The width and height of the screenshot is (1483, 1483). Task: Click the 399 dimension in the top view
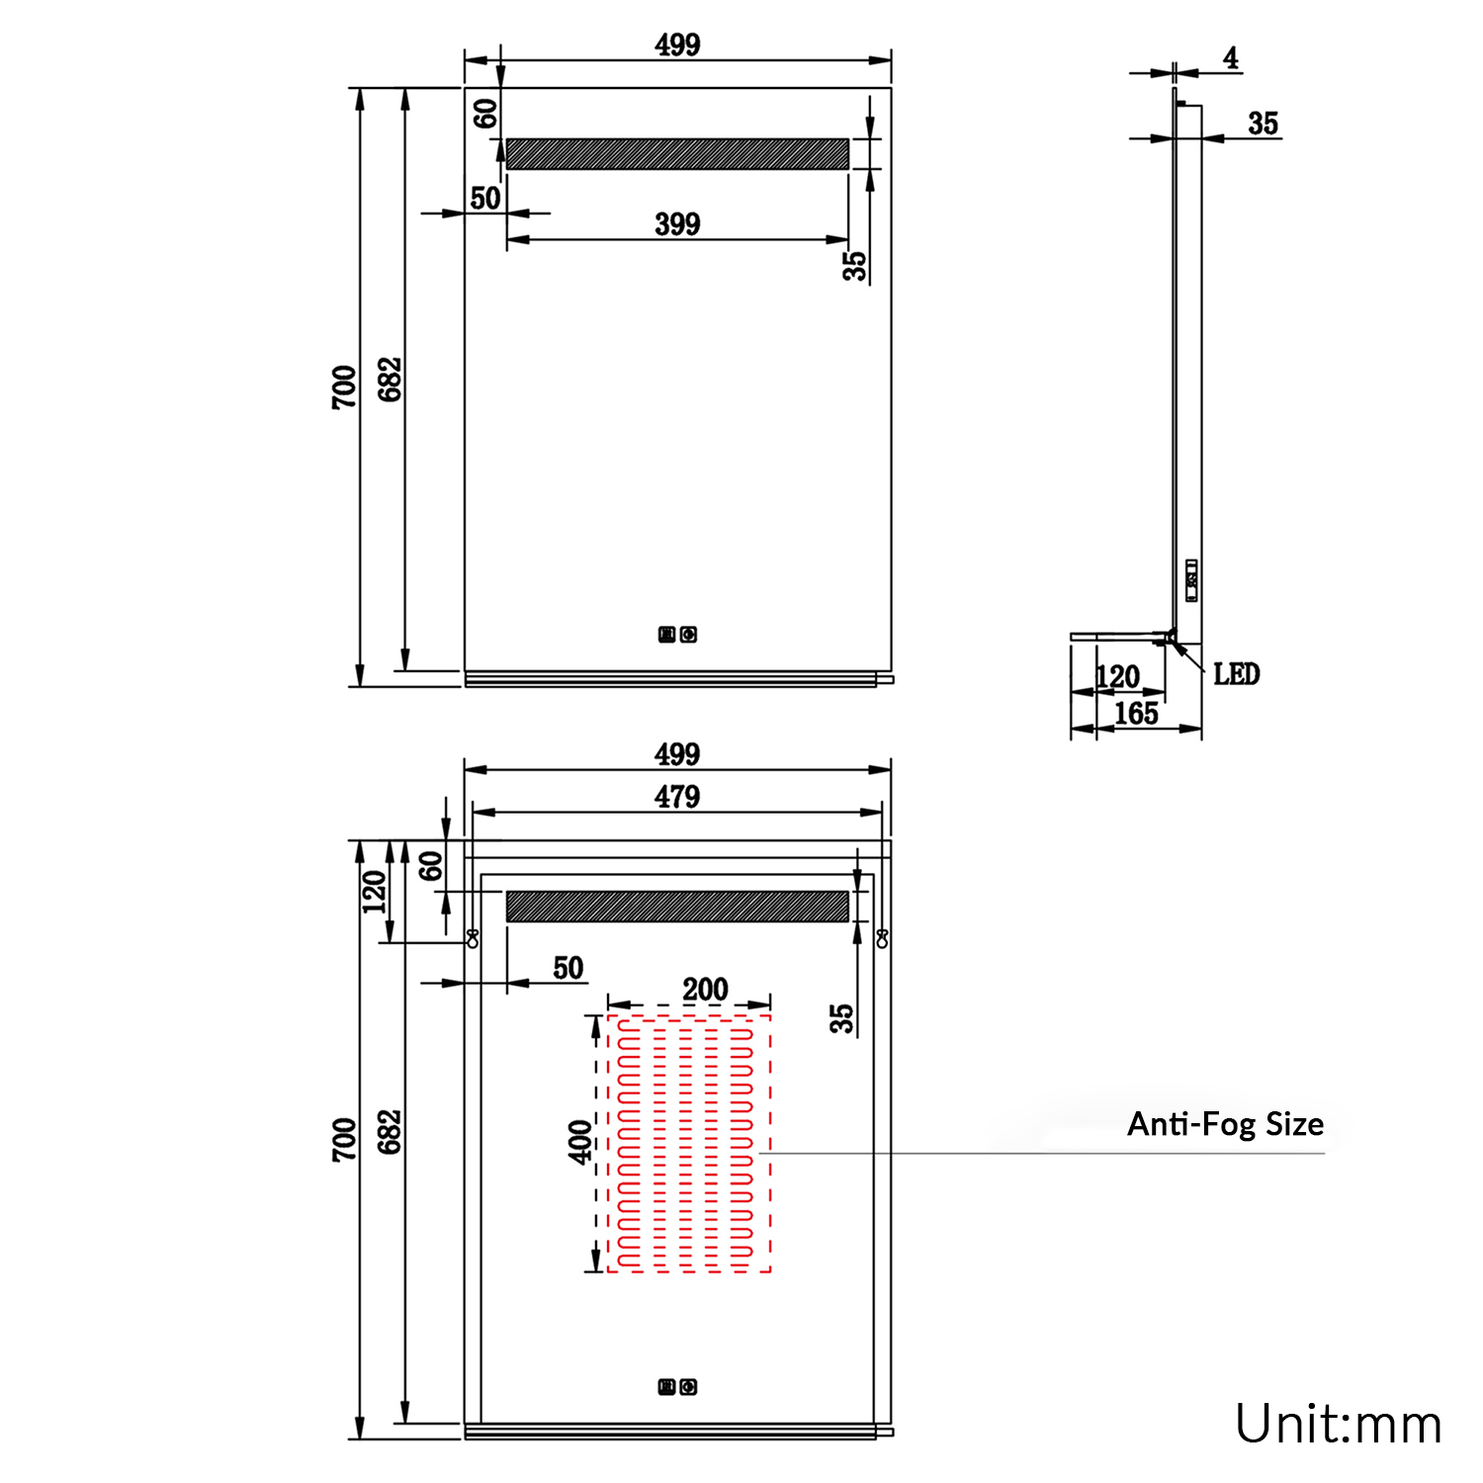[x=677, y=224]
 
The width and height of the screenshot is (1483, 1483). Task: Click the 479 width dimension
[x=677, y=797]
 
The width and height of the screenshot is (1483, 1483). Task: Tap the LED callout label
[x=1236, y=674]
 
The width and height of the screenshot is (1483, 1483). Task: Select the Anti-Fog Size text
[x=1225, y=1124]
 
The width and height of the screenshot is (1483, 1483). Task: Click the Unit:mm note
[x=1338, y=1425]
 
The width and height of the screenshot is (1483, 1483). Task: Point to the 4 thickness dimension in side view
[x=1230, y=58]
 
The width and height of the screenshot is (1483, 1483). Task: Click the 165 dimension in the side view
[x=1136, y=714]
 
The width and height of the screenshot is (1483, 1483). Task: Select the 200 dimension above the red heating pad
[x=705, y=989]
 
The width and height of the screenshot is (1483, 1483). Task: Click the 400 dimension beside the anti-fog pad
[x=580, y=1142]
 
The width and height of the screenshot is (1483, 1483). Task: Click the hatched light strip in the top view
[x=677, y=154]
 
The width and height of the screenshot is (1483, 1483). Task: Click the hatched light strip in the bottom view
[x=677, y=907]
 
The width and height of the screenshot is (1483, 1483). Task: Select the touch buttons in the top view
[x=678, y=635]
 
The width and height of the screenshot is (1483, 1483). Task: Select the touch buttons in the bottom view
[x=678, y=1387]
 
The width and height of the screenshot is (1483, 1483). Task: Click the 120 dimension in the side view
[x=1118, y=677]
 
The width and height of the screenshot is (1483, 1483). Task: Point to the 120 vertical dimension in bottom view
[x=374, y=892]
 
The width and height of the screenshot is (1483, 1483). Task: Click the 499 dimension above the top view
[x=677, y=44]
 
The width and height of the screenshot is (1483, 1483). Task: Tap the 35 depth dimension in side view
[x=1263, y=124]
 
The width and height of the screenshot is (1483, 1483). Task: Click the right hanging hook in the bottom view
[x=882, y=938]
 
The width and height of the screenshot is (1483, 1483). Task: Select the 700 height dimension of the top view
[x=343, y=387]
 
